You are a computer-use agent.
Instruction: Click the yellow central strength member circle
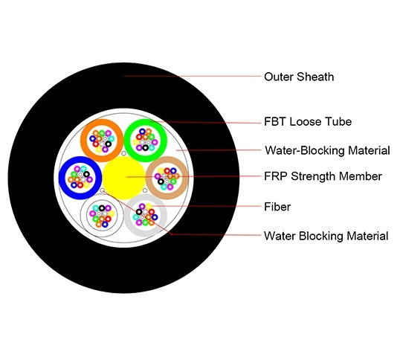(124, 176)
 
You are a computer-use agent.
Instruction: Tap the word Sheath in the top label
(317, 76)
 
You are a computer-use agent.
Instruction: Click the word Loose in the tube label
(309, 122)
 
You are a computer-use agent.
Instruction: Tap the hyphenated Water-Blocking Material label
(326, 150)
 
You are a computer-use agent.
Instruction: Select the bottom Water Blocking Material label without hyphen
(326, 237)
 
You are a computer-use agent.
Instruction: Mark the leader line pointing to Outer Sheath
(193, 76)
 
